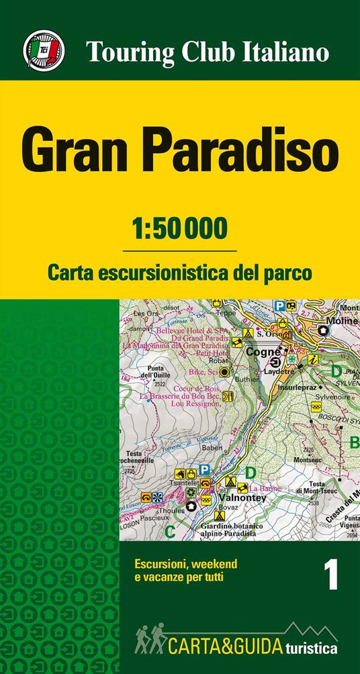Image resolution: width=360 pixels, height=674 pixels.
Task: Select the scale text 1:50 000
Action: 179,228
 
